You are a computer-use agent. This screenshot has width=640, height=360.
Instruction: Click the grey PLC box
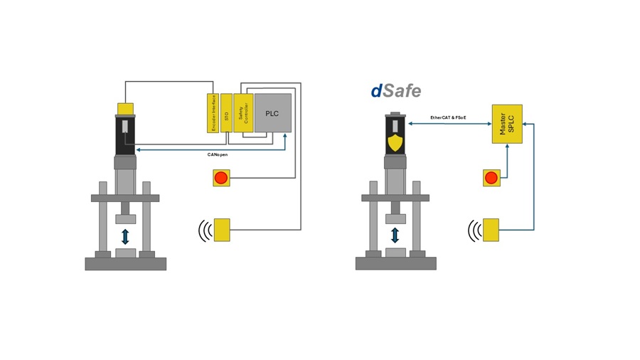273,112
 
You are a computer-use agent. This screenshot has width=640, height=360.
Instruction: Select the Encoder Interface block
211,112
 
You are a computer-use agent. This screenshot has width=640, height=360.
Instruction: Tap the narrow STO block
226,112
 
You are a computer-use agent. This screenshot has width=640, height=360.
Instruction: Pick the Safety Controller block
243,112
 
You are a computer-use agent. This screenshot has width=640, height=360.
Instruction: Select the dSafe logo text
395,91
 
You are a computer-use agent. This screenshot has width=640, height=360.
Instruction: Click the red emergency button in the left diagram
222,177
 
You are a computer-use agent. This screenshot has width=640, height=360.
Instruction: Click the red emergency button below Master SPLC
491,177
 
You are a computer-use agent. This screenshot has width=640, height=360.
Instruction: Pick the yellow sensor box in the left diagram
223,230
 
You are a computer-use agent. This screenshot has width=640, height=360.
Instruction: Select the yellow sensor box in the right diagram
492,230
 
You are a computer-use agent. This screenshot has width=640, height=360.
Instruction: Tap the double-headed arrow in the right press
395,236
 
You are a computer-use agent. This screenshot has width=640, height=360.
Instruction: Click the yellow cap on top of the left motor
126,108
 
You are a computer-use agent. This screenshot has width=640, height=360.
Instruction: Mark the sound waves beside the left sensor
205,230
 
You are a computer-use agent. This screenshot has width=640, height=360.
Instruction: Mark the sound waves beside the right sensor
474,230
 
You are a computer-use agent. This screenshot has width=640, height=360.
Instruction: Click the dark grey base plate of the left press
126,263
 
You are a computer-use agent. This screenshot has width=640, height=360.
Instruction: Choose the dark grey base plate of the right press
395,263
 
